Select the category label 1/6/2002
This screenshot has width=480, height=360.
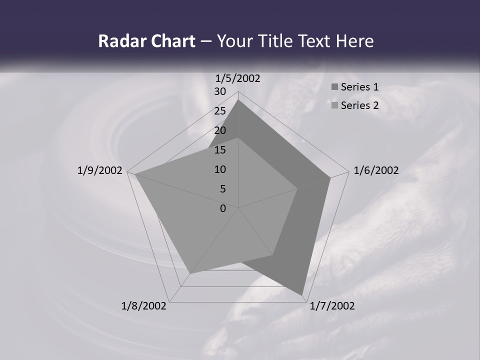[376, 170]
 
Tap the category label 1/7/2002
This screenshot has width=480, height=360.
[332, 306]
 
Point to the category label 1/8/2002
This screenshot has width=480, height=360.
[144, 306]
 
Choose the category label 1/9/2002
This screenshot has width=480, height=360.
[100, 170]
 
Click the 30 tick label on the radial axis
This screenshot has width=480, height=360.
[220, 91]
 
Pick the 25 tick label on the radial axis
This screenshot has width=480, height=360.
[220, 111]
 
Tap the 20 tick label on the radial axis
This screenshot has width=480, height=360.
[220, 130]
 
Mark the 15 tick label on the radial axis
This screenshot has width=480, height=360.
[220, 150]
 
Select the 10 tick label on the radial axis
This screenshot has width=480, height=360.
[220, 169]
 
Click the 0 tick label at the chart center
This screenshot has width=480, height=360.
[223, 208]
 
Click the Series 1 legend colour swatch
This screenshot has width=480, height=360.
[334, 87]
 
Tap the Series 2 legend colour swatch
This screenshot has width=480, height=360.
[334, 105]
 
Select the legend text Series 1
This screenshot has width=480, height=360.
[359, 87]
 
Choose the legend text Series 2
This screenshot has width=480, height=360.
[359, 105]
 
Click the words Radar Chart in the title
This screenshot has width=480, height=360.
[146, 41]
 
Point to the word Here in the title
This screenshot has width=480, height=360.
[354, 41]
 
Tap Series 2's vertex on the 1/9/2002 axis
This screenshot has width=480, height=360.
[134, 174]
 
